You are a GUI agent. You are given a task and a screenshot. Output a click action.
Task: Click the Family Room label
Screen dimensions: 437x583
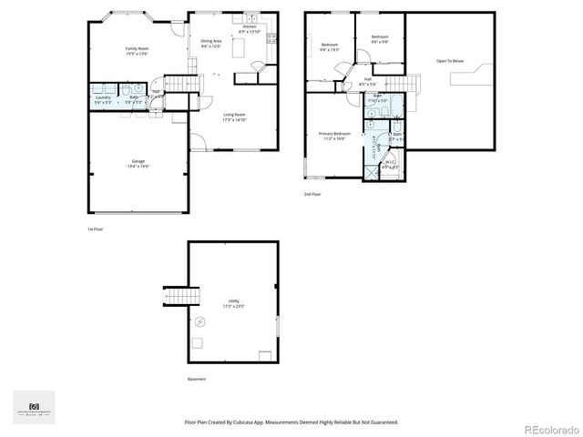(137, 50)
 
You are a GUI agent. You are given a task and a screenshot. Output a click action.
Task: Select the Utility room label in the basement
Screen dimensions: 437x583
(234, 303)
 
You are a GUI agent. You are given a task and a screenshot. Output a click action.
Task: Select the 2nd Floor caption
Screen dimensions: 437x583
(313, 194)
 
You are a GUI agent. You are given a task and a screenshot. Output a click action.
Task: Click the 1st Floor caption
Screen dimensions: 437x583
(95, 229)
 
